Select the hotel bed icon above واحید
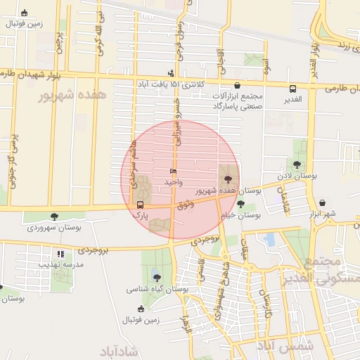[x=173, y=172]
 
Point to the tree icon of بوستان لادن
[x=297, y=165]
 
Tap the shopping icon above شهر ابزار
[x=322, y=203]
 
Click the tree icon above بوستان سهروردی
[x=54, y=217]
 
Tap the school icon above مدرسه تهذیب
[x=60, y=253]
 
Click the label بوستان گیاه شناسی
[x=157, y=288]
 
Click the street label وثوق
[x=184, y=205]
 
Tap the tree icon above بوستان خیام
[x=240, y=204]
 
